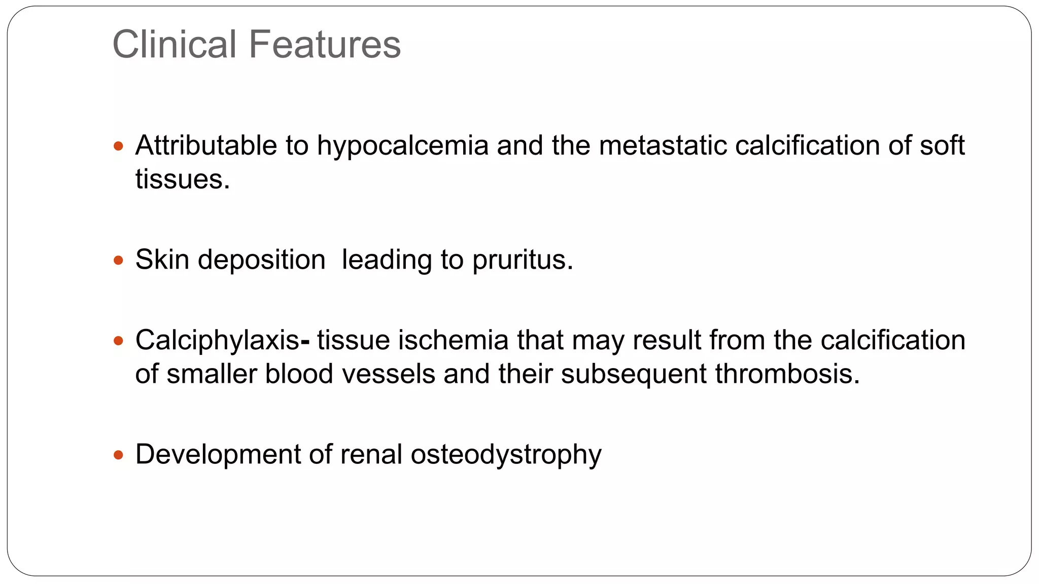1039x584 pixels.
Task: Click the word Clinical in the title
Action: point(175,45)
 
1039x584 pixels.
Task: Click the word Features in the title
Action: point(325,45)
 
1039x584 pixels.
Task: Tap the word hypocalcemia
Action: point(402,146)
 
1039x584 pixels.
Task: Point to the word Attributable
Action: point(206,146)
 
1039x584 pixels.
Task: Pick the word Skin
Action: point(162,260)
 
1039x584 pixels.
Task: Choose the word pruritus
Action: point(522,261)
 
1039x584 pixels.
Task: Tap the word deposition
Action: point(261,261)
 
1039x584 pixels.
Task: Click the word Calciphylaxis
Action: point(217,341)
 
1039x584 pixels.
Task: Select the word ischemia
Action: point(453,340)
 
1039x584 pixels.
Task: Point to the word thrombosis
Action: point(787,374)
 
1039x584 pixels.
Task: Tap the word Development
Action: point(218,454)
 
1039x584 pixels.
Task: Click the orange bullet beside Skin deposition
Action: point(119,261)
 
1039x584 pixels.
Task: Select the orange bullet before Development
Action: point(119,455)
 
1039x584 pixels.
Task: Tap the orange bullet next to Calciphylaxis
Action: point(119,341)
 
